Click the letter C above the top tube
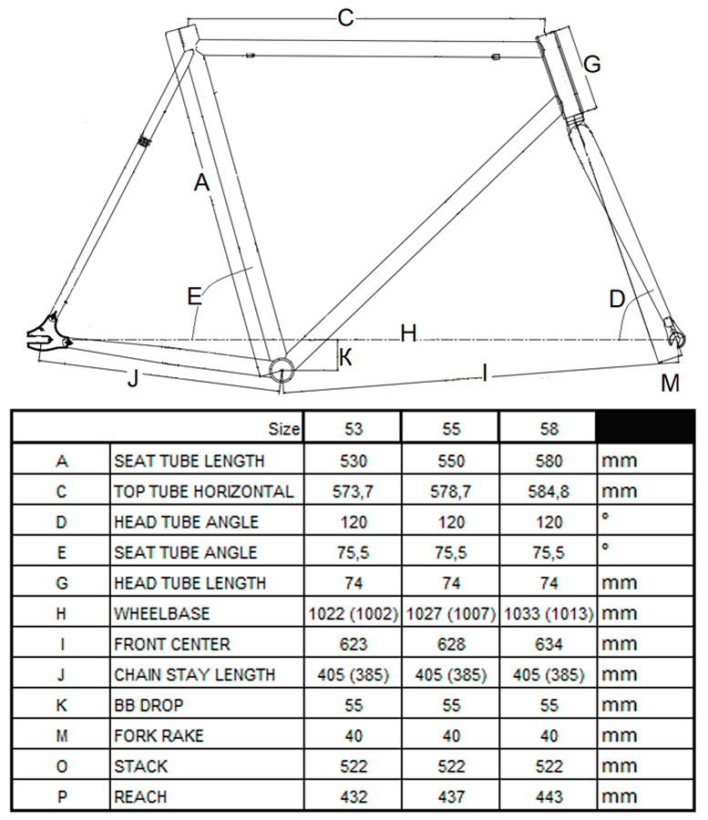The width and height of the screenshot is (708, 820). click(345, 16)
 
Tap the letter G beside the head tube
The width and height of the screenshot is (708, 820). click(592, 64)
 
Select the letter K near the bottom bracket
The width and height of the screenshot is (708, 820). click(345, 357)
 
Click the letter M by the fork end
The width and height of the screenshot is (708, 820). click(671, 384)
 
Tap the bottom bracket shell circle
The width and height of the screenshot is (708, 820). click(282, 367)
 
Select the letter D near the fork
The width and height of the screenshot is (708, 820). click(617, 298)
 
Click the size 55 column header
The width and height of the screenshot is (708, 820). click(450, 428)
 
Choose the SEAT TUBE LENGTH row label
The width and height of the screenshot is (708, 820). click(190, 461)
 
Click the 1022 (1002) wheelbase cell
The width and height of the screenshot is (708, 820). click(351, 613)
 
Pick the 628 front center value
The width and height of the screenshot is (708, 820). click(450, 644)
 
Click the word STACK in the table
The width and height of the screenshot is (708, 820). click(141, 766)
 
